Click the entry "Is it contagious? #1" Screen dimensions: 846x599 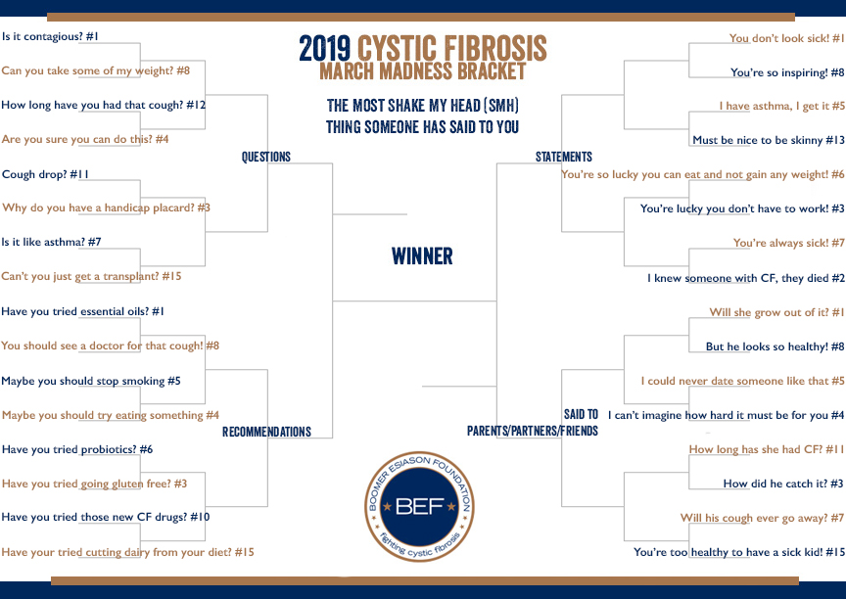[x=50, y=36]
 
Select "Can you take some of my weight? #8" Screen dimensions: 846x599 [x=96, y=70]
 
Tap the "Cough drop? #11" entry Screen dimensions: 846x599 [x=45, y=174]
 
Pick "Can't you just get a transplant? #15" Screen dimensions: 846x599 [x=91, y=276]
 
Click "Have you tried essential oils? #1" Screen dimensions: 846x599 [x=82, y=311]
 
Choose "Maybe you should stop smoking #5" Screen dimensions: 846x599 [x=91, y=381]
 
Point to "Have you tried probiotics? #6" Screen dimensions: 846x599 [x=77, y=449]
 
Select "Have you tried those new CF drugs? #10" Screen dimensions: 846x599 [x=105, y=517]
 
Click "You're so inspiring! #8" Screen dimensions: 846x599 [x=787, y=72]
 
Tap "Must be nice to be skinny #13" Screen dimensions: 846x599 [x=769, y=140]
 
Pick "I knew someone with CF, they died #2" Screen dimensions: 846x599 [x=746, y=278]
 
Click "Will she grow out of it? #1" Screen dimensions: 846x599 [x=776, y=312]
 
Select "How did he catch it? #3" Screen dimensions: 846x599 [x=783, y=484]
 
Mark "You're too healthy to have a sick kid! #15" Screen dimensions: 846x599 [x=739, y=552]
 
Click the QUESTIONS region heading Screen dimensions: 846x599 [x=266, y=157]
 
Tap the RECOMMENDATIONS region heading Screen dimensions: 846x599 [x=266, y=432]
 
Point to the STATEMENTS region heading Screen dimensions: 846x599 [x=564, y=157]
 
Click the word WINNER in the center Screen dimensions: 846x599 [x=422, y=256]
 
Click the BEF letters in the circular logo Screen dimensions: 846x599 [x=419, y=507]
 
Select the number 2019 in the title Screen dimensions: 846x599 [x=325, y=49]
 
